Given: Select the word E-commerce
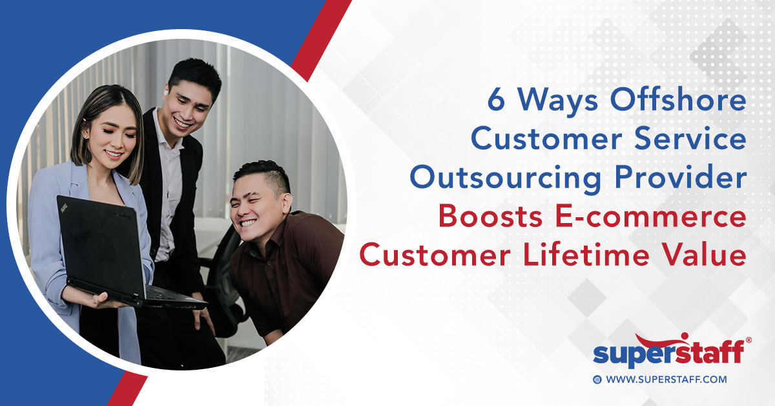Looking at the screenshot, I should pos(654,217).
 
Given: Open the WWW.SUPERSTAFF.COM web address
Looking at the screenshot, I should pos(666,379).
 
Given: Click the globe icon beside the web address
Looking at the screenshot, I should pos(597,380).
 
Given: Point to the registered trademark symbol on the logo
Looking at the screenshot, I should pos(749,339).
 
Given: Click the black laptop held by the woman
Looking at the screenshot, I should pos(103,246).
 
